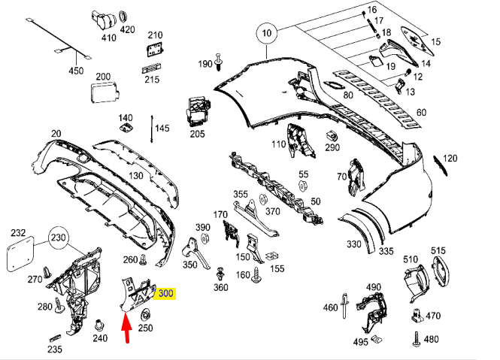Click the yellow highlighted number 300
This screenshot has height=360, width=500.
pos(165,293)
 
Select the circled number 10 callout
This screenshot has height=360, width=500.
pos(265,33)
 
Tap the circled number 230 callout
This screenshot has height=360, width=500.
pos(59,237)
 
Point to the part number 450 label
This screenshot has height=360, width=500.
pos(77,71)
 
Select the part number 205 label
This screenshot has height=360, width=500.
pos(197,134)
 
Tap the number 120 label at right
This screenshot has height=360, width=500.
pos(450,159)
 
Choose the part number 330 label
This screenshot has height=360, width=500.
pos(353,244)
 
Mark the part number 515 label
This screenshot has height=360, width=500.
pos(438,249)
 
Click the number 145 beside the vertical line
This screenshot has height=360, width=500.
pos(163,129)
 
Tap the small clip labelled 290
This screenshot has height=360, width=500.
pos(332,135)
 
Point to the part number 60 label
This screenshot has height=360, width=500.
pos(421,113)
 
